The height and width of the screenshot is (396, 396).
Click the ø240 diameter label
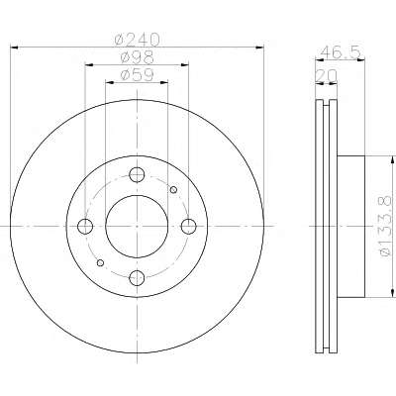(137, 40)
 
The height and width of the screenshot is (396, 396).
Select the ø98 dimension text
(137, 57)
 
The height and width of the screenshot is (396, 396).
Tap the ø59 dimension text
(137, 74)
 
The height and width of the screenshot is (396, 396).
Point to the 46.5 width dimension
(341, 51)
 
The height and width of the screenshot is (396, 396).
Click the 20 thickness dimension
(327, 76)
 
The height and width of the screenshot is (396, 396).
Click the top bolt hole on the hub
(137, 174)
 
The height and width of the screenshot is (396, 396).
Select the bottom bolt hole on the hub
(137, 278)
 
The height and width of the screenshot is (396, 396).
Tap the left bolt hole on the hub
(85, 227)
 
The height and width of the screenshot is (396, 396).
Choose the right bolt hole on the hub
(189, 227)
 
